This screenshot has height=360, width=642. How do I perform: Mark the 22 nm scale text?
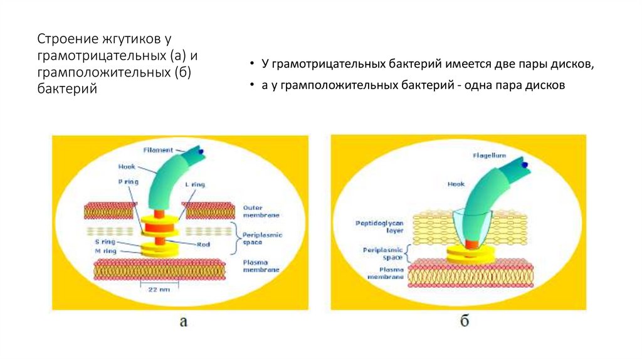pyautogui.click(x=158, y=290)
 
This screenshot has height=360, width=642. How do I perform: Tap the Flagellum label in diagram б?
pyautogui.click(x=490, y=155)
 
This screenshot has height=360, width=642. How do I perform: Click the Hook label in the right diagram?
pyautogui.click(x=456, y=184)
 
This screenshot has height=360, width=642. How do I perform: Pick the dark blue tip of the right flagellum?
pyautogui.click(x=524, y=164)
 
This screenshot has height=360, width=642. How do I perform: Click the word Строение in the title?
pyautogui.click(x=65, y=39)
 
